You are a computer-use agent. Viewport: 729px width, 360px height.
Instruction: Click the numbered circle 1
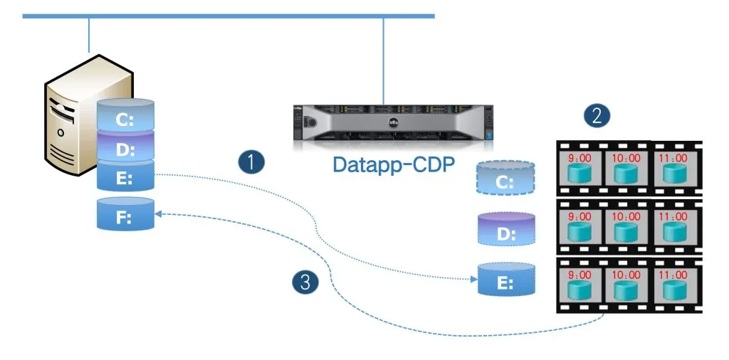pyautogui.click(x=251, y=162)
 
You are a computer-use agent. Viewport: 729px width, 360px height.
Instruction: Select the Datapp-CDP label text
pyautogui.click(x=394, y=165)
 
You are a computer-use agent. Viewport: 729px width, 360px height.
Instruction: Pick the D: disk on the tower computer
pyautogui.click(x=125, y=149)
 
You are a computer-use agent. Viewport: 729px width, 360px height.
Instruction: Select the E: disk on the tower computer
pyautogui.click(x=125, y=176)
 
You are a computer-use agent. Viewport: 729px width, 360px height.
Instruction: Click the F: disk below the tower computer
pyautogui.click(x=125, y=215)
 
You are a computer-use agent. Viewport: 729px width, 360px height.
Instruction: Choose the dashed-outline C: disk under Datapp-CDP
pyautogui.click(x=505, y=179)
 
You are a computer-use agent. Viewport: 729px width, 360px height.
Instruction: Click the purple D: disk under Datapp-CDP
pyautogui.click(x=506, y=230)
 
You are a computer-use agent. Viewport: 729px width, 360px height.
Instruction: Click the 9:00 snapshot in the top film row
pyautogui.click(x=580, y=168)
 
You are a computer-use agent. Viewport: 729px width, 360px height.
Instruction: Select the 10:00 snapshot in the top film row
pyautogui.click(x=626, y=168)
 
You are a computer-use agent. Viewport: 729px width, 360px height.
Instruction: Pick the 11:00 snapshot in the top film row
pyautogui.click(x=671, y=168)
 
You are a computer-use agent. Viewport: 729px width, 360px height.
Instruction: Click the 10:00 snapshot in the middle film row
pyautogui.click(x=626, y=227)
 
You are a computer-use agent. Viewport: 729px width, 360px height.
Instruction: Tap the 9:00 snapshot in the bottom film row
pyautogui.click(x=580, y=285)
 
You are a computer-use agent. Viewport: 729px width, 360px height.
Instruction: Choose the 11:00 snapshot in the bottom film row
pyautogui.click(x=671, y=285)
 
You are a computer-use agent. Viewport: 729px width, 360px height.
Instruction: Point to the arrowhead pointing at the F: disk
pyautogui.click(x=160, y=213)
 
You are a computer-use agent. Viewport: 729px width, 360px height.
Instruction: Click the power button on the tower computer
pyautogui.click(x=61, y=132)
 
